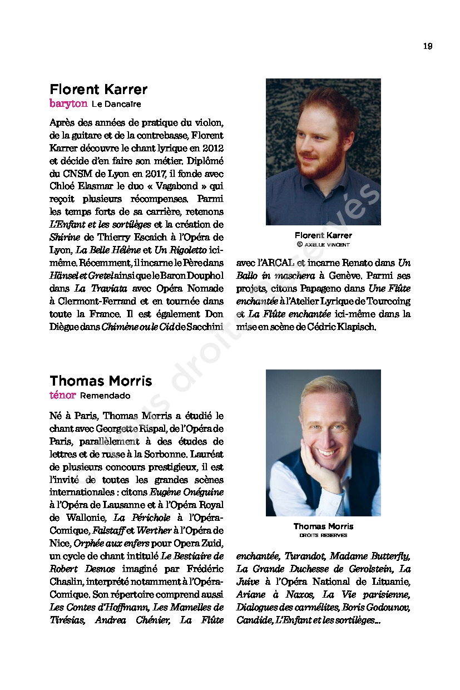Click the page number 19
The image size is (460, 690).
point(427,46)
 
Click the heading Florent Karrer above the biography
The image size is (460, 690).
point(98,90)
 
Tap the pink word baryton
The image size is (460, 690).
point(68,103)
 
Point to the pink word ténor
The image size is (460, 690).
point(62,395)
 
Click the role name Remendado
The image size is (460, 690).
point(105,396)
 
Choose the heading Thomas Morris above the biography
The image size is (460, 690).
point(101,381)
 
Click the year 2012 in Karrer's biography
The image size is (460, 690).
point(212,148)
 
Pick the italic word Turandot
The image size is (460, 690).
point(304,556)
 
